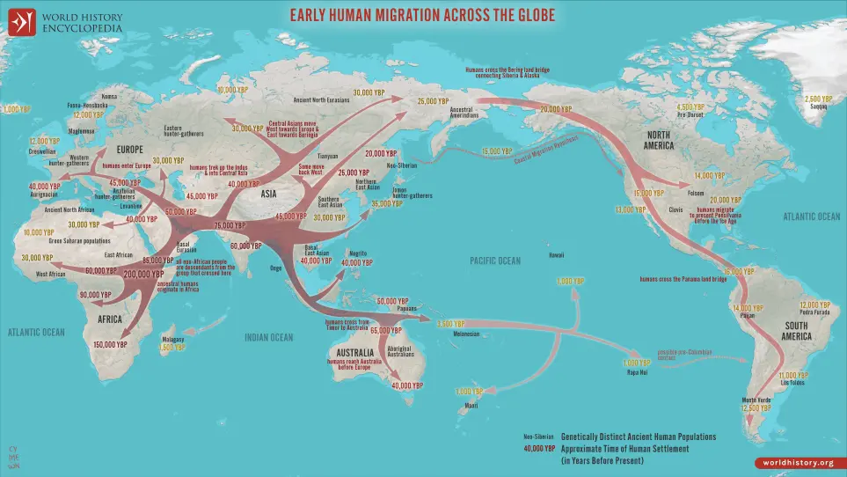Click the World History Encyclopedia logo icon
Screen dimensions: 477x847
(21, 21)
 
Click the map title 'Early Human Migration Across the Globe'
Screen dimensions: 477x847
(424, 15)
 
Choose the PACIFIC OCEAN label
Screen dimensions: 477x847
(495, 261)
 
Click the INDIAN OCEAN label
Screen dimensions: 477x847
(269, 337)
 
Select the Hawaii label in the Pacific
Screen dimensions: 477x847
(555, 256)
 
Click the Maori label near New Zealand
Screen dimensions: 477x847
(471, 405)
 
